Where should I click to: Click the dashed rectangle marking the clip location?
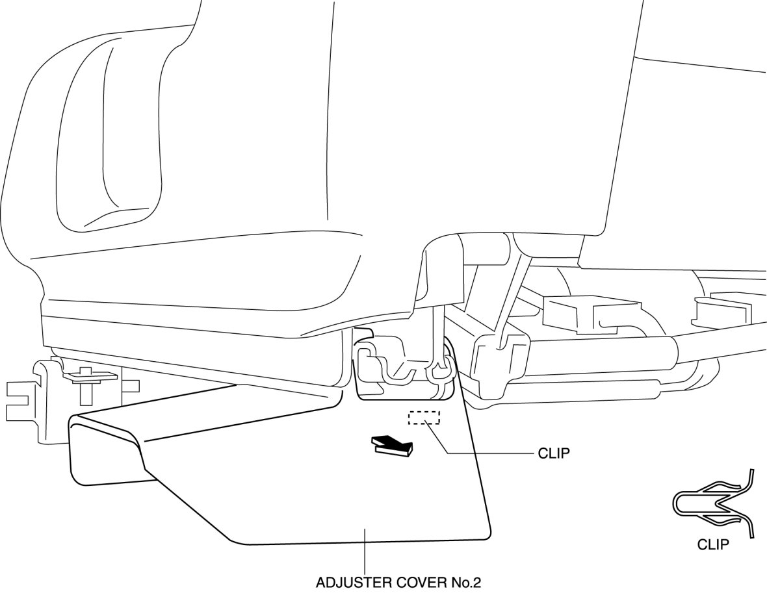click(423, 418)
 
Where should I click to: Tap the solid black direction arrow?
click(392, 446)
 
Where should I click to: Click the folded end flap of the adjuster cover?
click(107, 455)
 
